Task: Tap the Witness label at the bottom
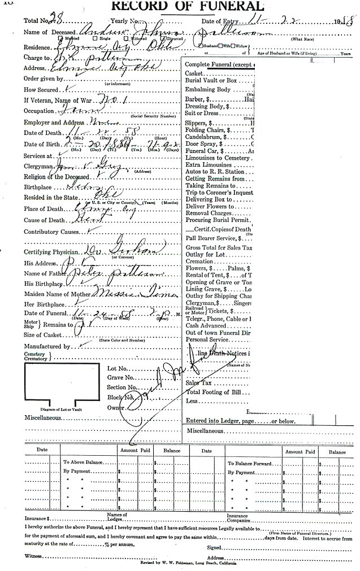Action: click(x=33, y=556)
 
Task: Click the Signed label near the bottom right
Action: click(x=214, y=547)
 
